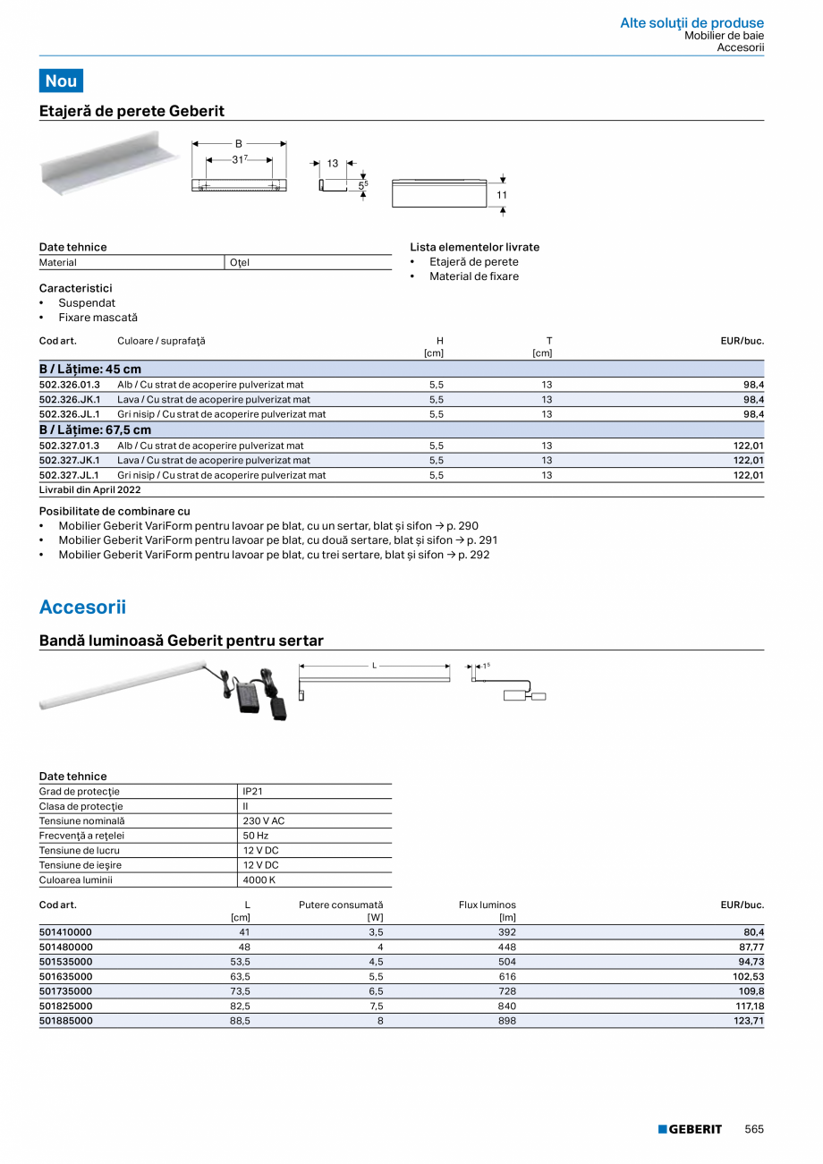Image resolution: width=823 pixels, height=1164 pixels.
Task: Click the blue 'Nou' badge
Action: tap(61, 81)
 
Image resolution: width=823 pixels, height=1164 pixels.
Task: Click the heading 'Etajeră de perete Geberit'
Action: tap(132, 111)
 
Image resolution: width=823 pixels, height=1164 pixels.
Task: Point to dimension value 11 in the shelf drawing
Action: tap(502, 195)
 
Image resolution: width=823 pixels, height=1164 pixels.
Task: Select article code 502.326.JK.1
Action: tap(70, 400)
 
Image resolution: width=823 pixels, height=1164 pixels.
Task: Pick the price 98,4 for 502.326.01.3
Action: tap(753, 385)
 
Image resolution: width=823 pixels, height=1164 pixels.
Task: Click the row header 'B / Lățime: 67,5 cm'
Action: tap(95, 430)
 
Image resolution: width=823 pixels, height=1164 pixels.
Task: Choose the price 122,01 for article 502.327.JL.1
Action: tap(748, 476)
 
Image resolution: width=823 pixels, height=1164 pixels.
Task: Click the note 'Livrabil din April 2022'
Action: tap(89, 490)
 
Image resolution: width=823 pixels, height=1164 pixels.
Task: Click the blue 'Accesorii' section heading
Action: tap(82, 607)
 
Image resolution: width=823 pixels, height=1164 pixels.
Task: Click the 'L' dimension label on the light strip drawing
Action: tap(374, 666)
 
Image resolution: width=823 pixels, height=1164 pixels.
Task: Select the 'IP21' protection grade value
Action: tap(252, 792)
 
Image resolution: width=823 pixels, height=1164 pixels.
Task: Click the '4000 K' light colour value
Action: tap(259, 880)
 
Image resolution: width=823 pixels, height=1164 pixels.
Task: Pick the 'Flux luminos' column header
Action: tap(487, 905)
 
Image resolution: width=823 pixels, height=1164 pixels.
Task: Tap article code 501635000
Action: tap(65, 976)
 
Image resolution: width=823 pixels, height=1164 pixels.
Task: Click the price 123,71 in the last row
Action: tap(749, 1020)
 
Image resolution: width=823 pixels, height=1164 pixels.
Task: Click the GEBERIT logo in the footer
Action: tap(690, 1129)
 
